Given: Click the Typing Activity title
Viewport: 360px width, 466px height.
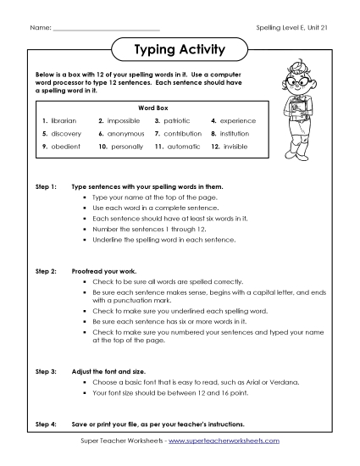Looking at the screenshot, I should point(180,50).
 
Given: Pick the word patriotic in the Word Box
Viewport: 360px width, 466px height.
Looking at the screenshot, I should point(180,121).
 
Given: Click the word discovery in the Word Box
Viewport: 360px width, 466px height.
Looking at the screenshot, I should point(66,134).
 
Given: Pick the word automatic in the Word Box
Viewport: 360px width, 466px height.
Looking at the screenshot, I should point(183,147).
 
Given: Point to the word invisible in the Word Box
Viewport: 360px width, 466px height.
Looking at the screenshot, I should point(236,147).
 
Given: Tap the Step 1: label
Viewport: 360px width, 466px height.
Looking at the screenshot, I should point(46,184).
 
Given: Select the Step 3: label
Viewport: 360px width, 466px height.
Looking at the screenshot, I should point(46,371).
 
